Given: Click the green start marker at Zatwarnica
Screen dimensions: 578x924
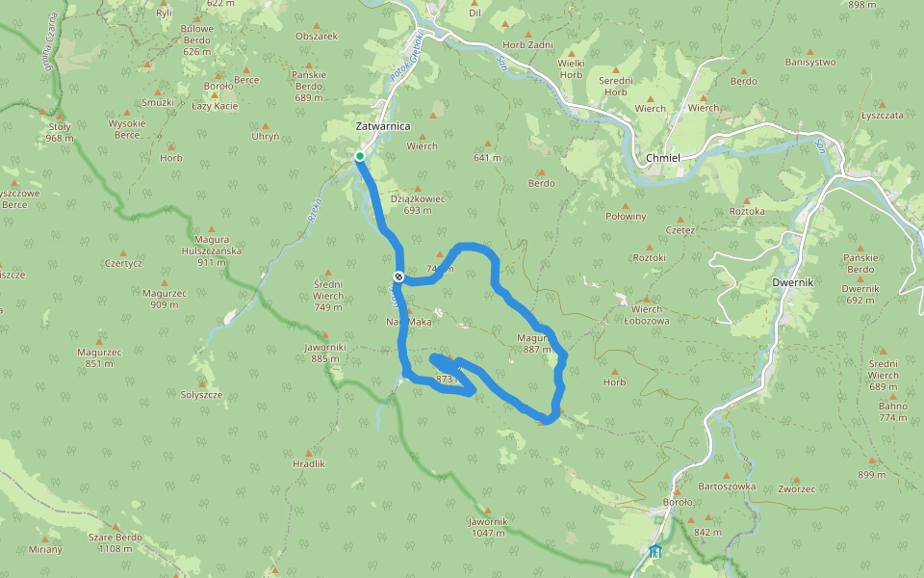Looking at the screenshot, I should tap(359, 156).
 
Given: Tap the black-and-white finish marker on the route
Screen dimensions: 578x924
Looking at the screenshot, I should tap(398, 277).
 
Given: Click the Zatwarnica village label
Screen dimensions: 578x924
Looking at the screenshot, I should tap(383, 126).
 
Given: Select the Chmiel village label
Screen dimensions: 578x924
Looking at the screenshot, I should tap(664, 158).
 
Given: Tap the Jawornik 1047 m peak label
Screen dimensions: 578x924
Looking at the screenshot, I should tap(487, 527).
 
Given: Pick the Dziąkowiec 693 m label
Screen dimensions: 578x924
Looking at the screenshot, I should tap(418, 204).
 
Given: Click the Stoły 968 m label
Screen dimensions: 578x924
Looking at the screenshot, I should tap(60, 132).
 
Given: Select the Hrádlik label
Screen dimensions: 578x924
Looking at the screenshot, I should tap(309, 463).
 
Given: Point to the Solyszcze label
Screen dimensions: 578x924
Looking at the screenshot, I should tap(202, 395).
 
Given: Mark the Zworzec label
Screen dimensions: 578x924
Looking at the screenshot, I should tap(798, 489).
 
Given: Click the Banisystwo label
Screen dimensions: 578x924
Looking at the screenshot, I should tap(810, 63).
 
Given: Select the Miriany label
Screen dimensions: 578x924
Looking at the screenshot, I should tap(45, 549).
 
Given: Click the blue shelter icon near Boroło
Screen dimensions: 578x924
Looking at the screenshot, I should tap(655, 552).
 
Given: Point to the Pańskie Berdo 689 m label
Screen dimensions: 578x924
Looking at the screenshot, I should tap(309, 86).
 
